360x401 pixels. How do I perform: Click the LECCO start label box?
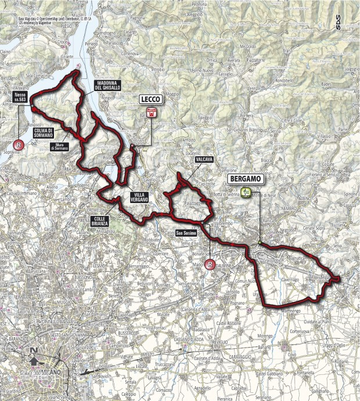click(152, 99)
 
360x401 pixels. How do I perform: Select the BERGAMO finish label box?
click(247, 179)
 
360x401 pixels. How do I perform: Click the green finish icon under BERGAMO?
click(247, 193)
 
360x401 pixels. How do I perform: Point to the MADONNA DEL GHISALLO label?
click(109, 86)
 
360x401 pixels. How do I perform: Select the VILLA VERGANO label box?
click(138, 197)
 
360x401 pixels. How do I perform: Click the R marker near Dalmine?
click(210, 265)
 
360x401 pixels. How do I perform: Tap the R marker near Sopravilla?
click(19, 144)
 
